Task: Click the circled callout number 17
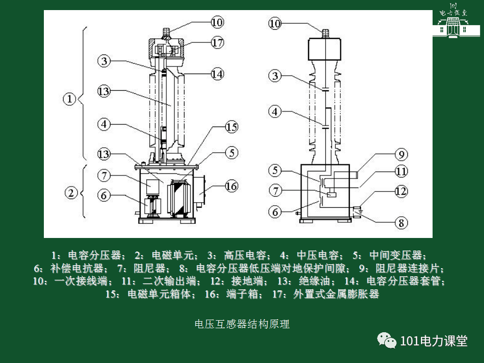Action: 217,43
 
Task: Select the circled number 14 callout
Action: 217,74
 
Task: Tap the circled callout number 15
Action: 231,127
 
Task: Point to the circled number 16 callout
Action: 231,186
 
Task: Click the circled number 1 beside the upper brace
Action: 69,98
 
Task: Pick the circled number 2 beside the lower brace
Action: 71,192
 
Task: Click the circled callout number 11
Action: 401,171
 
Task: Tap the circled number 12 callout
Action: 401,191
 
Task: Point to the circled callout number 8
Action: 401,222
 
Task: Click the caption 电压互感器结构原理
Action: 242,324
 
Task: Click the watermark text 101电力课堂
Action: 434,341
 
